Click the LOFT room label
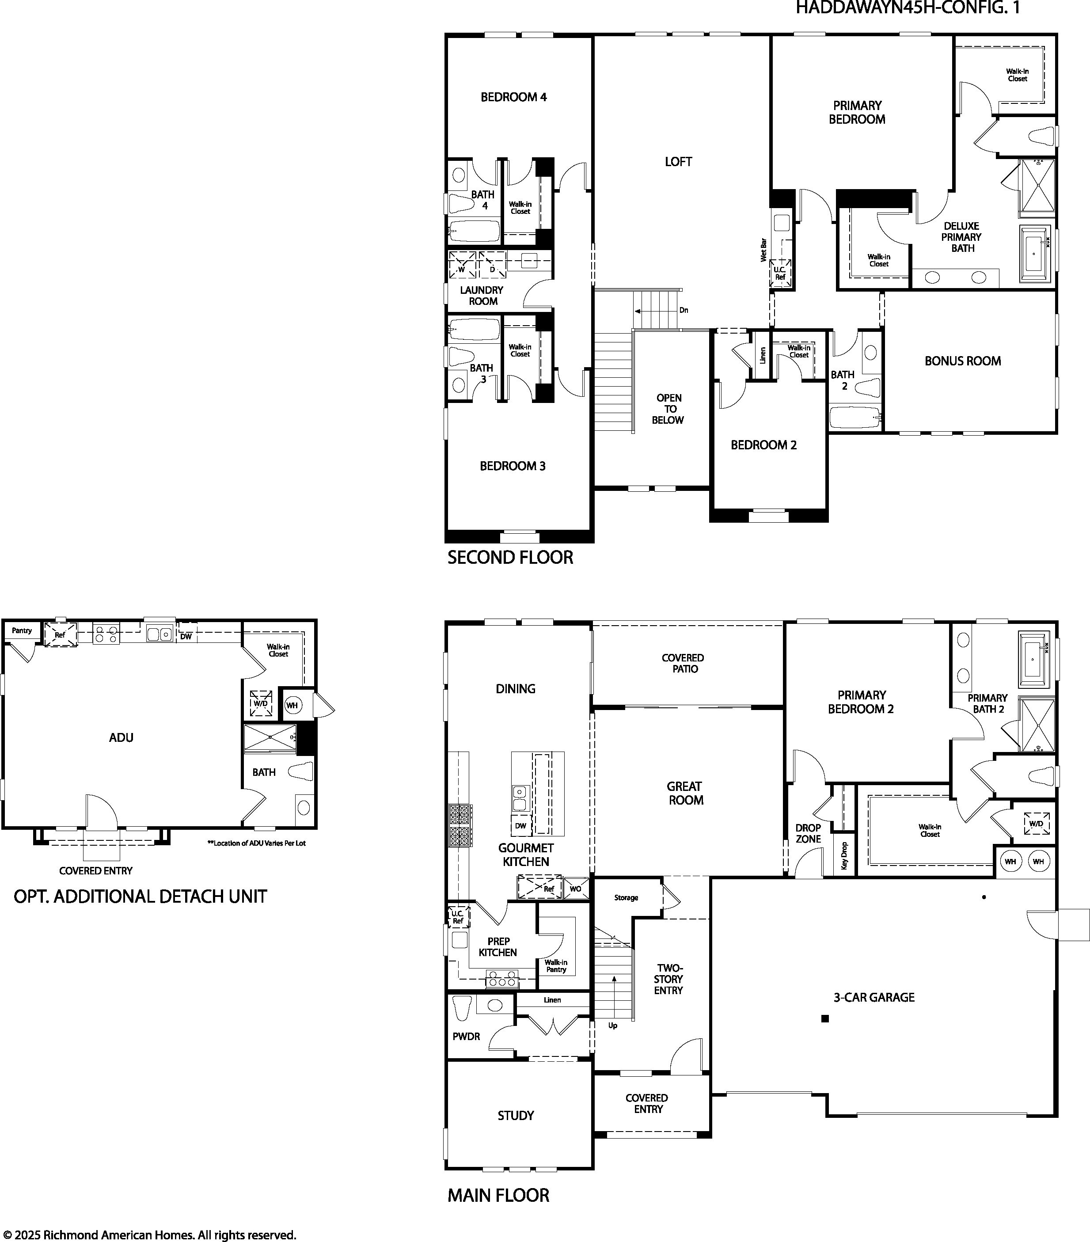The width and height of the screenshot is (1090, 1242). [x=678, y=162]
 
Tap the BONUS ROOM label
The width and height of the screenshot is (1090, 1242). [x=962, y=361]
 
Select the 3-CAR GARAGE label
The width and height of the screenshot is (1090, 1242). [x=874, y=997]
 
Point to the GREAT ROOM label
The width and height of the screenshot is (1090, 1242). [x=685, y=793]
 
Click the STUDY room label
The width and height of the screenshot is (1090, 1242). [x=515, y=1116]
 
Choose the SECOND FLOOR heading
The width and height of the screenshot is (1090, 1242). [x=510, y=557]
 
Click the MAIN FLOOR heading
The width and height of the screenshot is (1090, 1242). [x=498, y=1196]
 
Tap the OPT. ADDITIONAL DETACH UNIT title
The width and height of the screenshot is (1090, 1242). [x=141, y=896]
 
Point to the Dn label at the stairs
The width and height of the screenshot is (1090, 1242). [x=684, y=310]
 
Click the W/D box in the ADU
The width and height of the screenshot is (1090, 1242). [x=260, y=703]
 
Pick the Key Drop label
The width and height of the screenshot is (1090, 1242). [x=844, y=855]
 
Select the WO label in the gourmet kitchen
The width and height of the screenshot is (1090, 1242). [x=575, y=889]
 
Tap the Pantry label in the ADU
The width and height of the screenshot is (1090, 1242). [x=22, y=630]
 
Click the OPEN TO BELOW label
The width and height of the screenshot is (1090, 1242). [x=668, y=409]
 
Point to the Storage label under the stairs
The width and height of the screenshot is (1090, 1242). [x=626, y=897]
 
